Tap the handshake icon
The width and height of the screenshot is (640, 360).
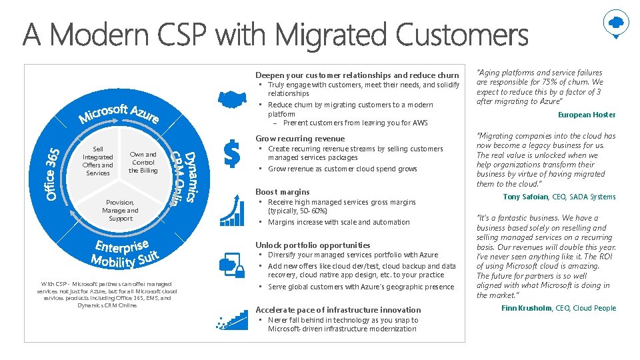pyautogui.click(x=231, y=100)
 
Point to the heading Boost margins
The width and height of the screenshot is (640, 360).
pyautogui.click(x=282, y=192)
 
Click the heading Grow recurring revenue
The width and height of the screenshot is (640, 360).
pyautogui.click(x=300, y=139)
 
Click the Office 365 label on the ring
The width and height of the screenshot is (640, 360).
pyautogui.click(x=53, y=173)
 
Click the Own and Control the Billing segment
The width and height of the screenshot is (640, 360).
pyautogui.click(x=143, y=163)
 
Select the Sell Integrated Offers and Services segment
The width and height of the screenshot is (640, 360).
pyautogui.click(x=98, y=161)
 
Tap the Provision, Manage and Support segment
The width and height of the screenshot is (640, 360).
pyautogui.click(x=120, y=211)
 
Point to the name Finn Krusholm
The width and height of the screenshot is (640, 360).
pyautogui.click(x=526, y=308)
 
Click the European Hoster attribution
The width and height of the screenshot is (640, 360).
pyautogui.click(x=587, y=115)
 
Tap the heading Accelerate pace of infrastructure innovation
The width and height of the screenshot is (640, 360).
pyautogui.click(x=338, y=309)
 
